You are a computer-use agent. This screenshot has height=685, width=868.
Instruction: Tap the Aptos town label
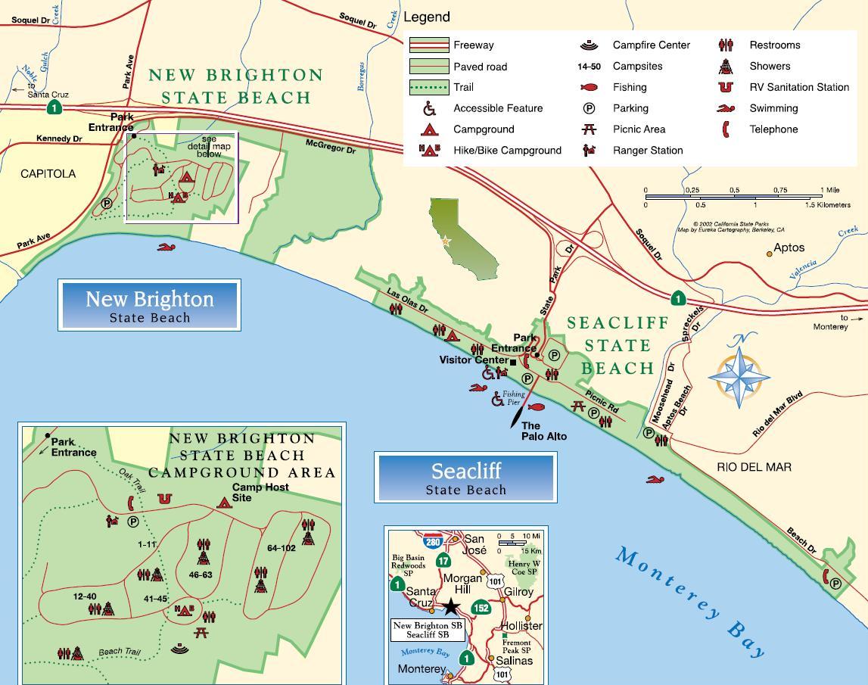click(789, 248)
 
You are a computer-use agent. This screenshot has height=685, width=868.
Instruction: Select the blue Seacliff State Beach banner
click(465, 478)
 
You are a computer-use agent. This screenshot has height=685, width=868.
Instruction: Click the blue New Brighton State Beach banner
click(149, 305)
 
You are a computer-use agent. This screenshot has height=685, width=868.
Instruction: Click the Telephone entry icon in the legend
click(725, 129)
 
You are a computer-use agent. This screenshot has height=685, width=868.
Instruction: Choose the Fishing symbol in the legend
click(590, 87)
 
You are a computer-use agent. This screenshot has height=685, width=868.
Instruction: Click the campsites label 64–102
click(281, 548)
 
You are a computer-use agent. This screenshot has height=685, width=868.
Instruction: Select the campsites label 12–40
click(85, 596)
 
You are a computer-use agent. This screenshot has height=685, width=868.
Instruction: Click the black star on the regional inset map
click(451, 606)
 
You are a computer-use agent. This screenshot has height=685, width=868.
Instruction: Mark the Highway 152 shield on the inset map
click(481, 607)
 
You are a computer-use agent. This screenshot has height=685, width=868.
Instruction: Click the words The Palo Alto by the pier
click(543, 431)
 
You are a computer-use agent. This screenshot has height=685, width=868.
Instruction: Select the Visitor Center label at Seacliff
click(473, 360)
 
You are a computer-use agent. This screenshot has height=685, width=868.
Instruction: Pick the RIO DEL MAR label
click(754, 467)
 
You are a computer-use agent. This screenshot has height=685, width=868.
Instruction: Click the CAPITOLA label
click(48, 174)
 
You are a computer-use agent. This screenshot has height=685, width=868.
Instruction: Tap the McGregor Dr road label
click(331, 146)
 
